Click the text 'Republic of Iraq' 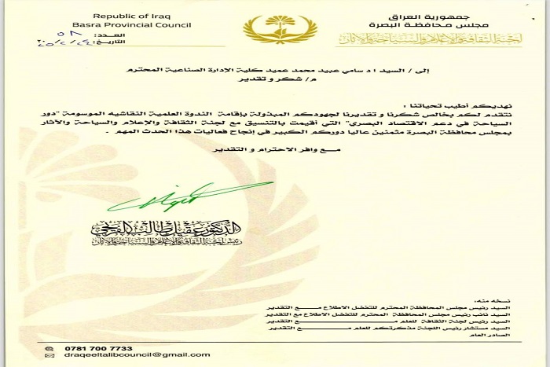pyautogui.click(x=122, y=16)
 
